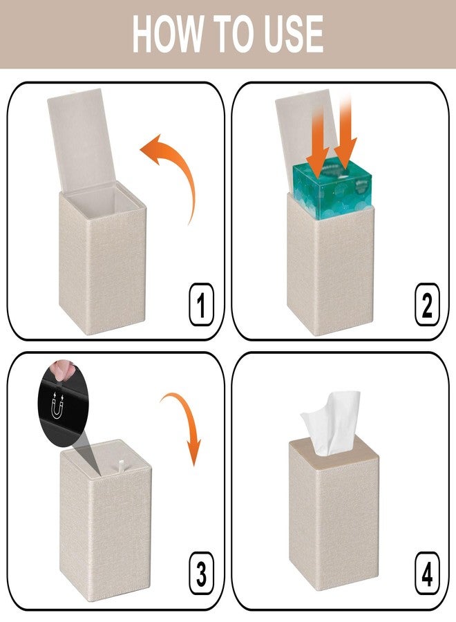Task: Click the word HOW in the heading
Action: coord(167,34)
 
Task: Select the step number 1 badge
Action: coord(201,304)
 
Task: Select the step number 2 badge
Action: coord(427,304)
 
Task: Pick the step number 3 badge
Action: coord(201,573)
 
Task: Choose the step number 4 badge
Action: coord(427,573)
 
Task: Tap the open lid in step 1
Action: coord(82,141)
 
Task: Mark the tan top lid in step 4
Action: coord(333,452)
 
